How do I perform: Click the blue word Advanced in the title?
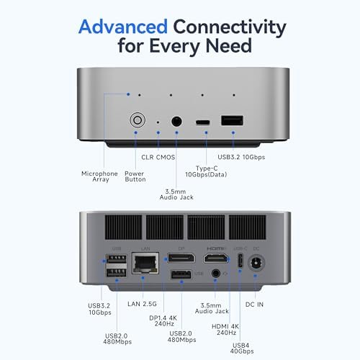click(123, 28)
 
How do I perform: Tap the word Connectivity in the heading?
click(228, 28)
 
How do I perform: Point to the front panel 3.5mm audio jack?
click(175, 122)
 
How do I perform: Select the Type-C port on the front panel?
click(203, 122)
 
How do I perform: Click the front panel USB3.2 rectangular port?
click(231, 122)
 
